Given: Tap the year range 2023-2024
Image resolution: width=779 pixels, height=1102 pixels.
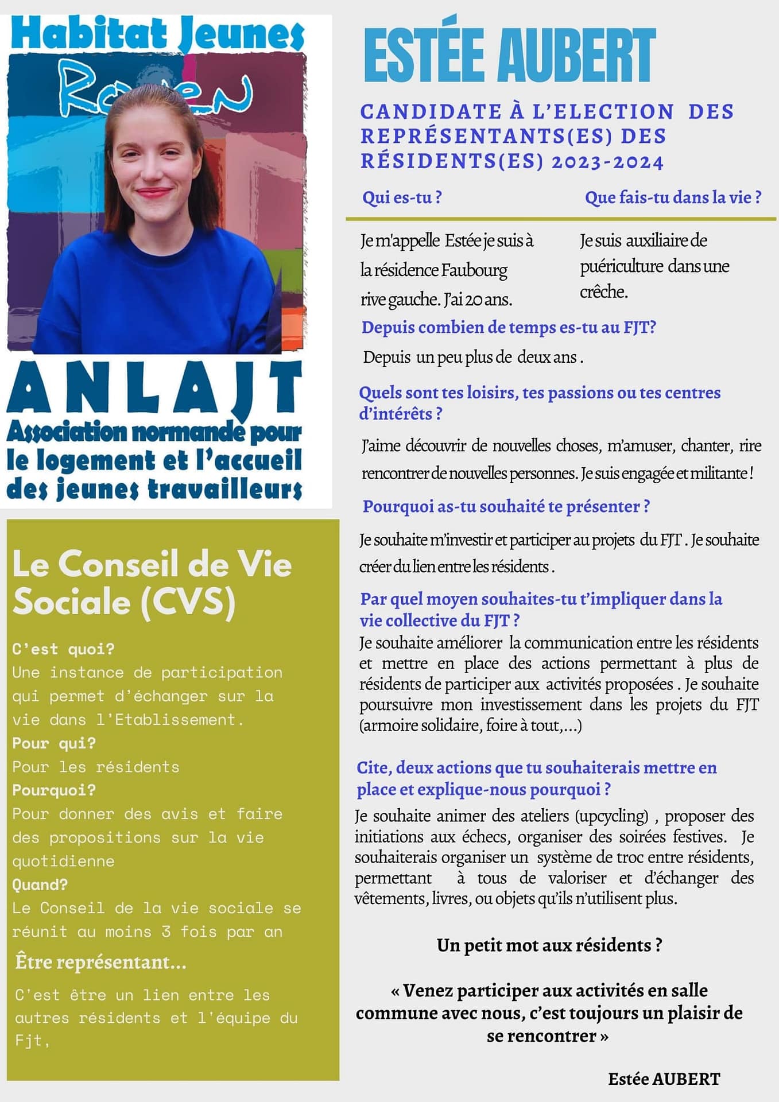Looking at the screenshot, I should coord(607,162).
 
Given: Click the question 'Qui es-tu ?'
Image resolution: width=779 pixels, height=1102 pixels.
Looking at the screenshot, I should coord(402,197).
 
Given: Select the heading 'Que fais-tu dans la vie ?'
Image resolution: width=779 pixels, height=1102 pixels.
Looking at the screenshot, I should coord(673,197).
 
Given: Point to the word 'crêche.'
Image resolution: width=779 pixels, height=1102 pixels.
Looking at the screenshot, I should coord(604,292).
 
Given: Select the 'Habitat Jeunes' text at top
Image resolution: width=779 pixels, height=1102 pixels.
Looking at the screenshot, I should coord(157,33).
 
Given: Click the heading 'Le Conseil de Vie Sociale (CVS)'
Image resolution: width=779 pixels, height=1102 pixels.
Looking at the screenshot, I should coord(152,583).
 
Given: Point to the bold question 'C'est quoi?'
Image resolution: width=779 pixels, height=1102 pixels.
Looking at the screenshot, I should coord(63,649).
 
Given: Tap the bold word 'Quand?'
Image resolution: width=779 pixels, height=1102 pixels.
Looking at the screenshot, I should coord(40,884).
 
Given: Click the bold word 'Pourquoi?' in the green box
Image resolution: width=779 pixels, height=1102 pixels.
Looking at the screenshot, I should coord(54,790).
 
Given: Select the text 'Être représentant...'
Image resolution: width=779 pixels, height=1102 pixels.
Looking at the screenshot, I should coord(101,962).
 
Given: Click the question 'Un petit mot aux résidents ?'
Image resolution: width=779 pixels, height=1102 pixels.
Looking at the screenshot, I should coord(549,945).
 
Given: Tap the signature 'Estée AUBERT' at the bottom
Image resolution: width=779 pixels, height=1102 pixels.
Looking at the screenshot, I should coord(664,1079).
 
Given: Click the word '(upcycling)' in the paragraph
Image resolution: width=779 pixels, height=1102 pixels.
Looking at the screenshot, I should coord(612,816).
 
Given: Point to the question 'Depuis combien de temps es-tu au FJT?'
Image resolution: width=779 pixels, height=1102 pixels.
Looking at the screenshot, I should coord(509,327).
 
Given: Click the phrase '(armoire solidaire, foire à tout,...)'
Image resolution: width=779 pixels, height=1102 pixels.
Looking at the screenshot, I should coord(471,725).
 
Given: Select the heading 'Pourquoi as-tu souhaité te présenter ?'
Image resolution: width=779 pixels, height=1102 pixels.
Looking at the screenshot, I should coord(506,506).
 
